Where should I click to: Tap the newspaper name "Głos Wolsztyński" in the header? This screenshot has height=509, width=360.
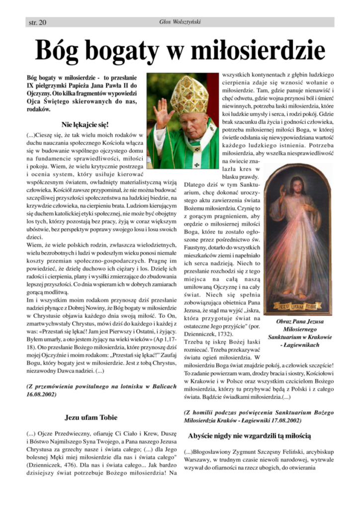[180, 22]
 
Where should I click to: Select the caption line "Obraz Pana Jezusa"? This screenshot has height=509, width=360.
[299, 322]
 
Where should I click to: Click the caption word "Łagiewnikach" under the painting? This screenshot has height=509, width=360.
[301, 345]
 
